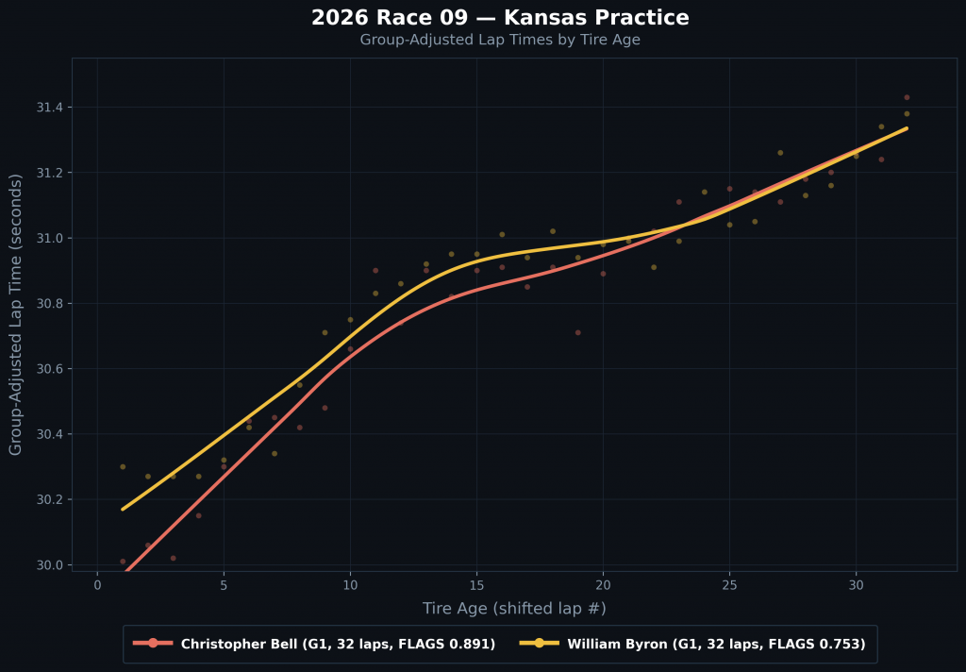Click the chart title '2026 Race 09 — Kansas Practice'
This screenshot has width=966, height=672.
tap(500, 18)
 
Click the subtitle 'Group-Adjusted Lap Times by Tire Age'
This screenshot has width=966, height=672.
tap(500, 40)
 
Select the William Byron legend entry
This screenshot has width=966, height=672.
tap(693, 644)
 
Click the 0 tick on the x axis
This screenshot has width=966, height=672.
tap(97, 586)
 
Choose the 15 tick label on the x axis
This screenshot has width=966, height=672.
tap(476, 586)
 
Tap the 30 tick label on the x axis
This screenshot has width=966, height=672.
tap(856, 586)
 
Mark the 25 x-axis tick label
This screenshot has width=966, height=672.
tap(729, 586)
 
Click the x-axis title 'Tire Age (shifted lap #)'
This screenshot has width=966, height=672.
tap(514, 609)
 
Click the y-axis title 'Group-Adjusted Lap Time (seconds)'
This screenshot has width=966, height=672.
tap(16, 314)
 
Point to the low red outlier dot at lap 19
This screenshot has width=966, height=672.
tap(578, 332)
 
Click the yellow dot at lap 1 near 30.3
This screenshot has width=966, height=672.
tap(123, 466)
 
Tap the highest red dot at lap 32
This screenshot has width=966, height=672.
tap(907, 97)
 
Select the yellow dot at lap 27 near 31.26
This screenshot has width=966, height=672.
tap(780, 153)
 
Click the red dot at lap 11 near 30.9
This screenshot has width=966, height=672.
tap(375, 270)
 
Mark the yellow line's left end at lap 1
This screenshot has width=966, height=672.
tap(123, 510)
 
